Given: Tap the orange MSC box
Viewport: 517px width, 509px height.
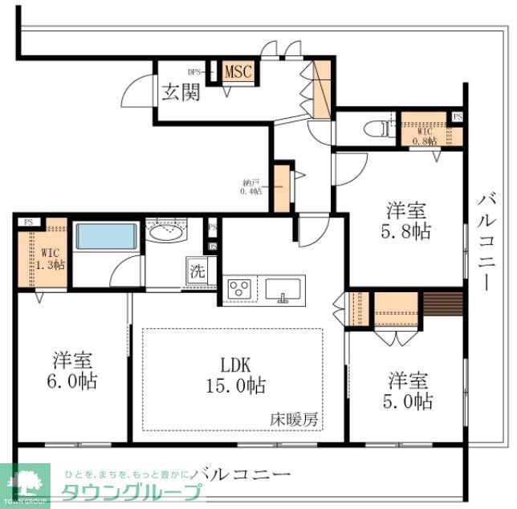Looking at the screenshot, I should pos(238,72).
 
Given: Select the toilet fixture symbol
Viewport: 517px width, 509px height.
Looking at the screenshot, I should pos(374,128).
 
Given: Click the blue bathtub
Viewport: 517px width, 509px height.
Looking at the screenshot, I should pos(106,237).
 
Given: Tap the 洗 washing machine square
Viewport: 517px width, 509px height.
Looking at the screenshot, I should pos(197,270).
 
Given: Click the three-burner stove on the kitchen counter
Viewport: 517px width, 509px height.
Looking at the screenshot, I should pos(240,289).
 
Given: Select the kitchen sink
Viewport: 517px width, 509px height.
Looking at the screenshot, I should pos(283,288).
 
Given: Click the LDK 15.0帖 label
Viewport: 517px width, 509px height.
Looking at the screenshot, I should pos(233,374).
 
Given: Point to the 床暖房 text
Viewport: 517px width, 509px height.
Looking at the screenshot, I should pos(293,418).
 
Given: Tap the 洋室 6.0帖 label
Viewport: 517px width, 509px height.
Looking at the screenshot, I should pos(75,370).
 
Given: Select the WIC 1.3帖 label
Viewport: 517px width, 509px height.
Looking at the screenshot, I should pos(52,257).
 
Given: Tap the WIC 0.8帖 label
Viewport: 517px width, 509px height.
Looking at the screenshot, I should pos(424,134).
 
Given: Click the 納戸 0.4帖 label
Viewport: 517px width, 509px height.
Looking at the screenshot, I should pos(251,187).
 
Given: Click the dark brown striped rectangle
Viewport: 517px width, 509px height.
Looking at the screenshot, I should pos(442,304).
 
